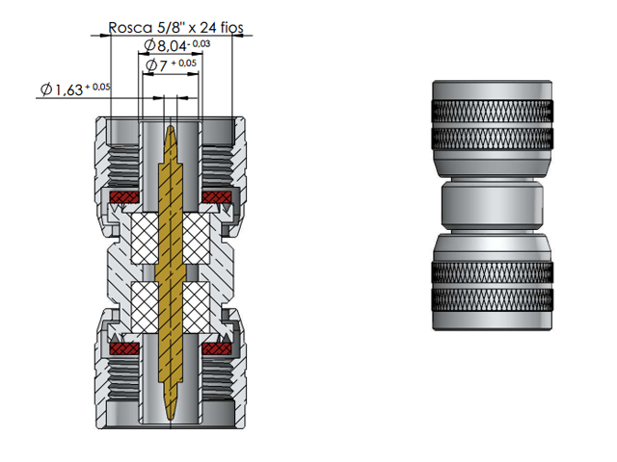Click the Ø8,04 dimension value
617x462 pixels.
tap(165, 46)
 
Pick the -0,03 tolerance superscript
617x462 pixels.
tap(201, 43)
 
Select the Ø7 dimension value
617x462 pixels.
tap(157, 65)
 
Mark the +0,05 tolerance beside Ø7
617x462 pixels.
tap(185, 63)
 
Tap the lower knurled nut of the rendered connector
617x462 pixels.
tap(492, 284)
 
